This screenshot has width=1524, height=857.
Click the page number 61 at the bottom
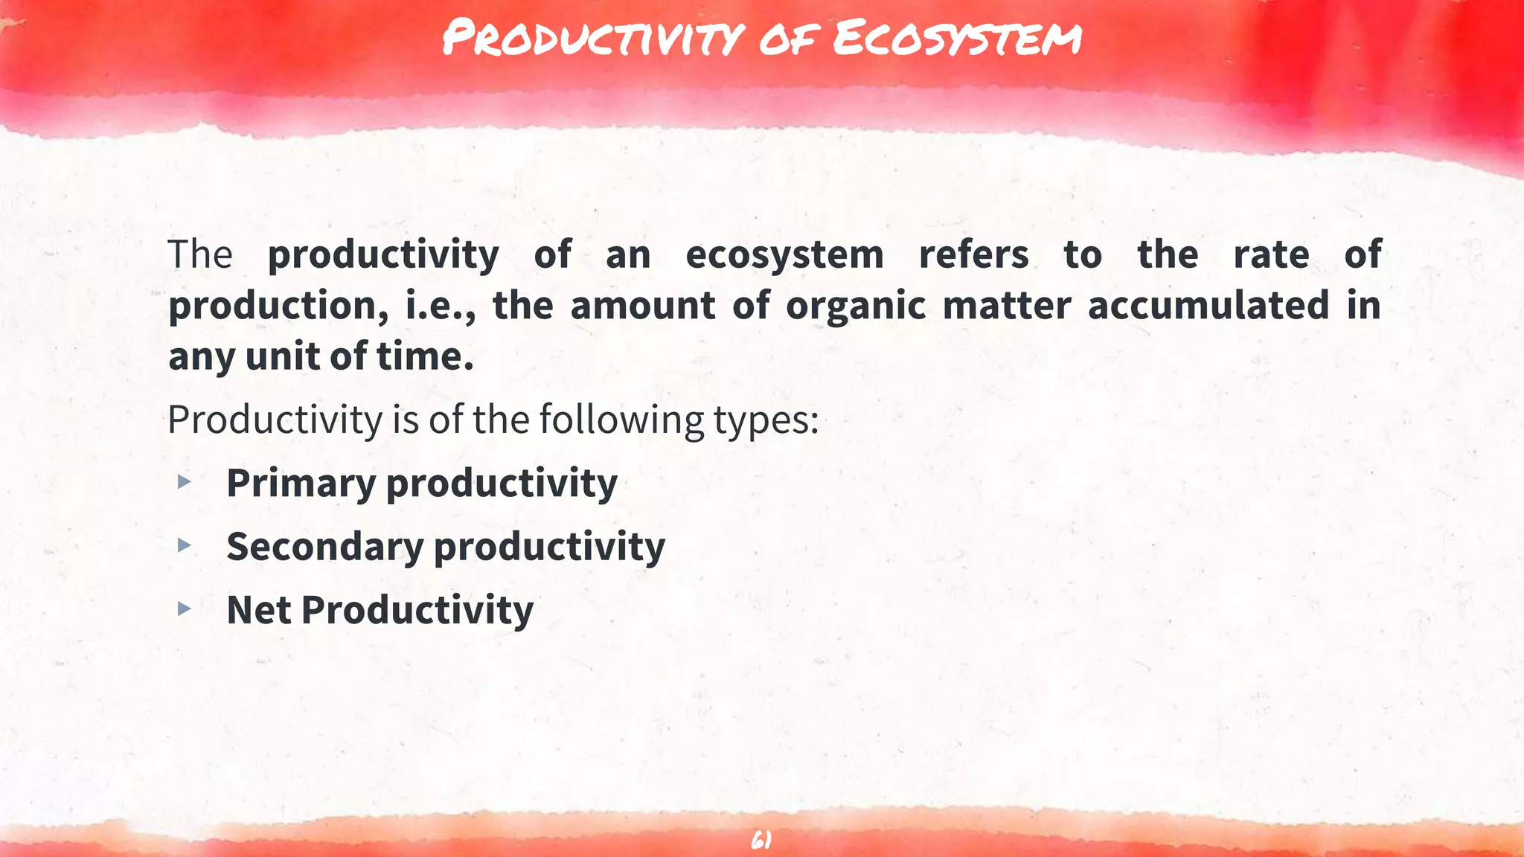tap(761, 841)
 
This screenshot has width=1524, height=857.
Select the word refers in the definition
tap(973, 254)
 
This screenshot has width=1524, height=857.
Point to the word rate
tap(1271, 254)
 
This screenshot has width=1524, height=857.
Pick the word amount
tap(642, 306)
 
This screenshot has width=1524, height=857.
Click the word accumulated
tap(1208, 306)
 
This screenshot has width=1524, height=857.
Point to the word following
tap(621, 420)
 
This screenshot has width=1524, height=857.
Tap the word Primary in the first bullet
tap(301, 484)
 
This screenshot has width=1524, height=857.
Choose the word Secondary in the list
tap(324, 547)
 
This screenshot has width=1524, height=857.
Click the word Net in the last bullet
tap(258, 610)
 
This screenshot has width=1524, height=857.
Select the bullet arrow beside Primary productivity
tap(185, 483)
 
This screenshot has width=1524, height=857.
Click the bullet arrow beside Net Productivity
tap(185, 609)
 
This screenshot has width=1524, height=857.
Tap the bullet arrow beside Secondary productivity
tap(185, 546)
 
